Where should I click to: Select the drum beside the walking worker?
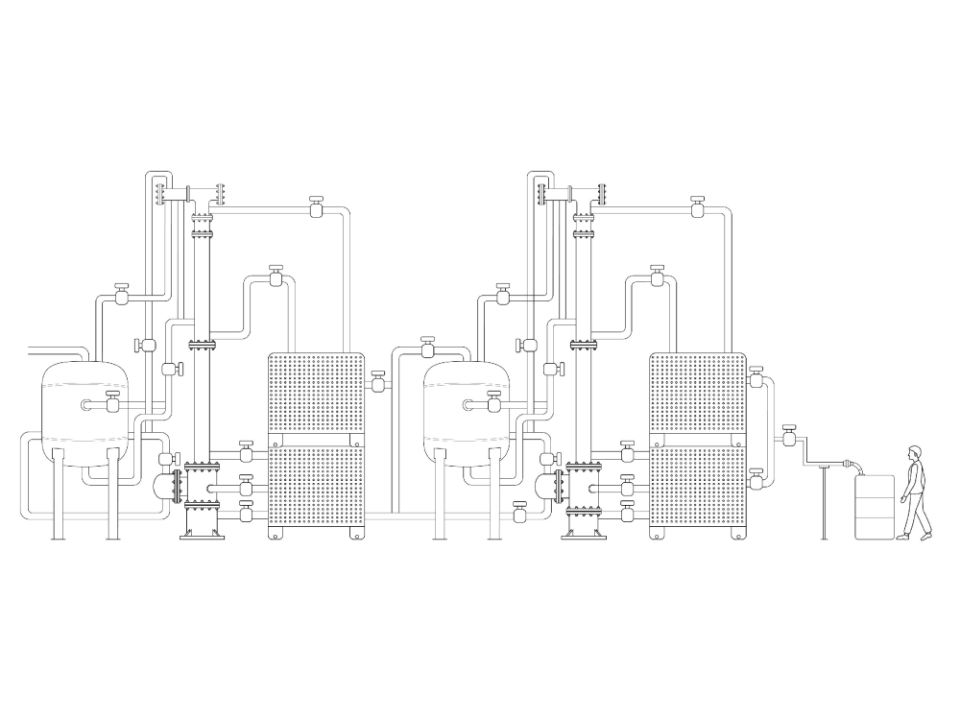(x=875, y=507)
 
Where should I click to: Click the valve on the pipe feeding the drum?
(x=789, y=439)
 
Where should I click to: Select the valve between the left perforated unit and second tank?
(x=378, y=384)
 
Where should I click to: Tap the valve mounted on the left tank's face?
(x=112, y=404)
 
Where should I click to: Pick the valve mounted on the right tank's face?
(x=494, y=404)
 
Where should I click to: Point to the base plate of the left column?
(x=203, y=537)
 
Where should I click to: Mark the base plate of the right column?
(x=585, y=537)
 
